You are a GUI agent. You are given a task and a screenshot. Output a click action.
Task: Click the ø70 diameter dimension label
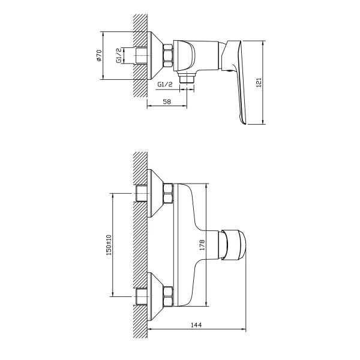click(99, 56)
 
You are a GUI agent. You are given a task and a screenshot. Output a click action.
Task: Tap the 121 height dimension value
click(259, 82)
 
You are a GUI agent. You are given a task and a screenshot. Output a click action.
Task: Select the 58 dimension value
click(167, 101)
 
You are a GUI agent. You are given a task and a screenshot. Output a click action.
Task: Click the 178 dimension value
click(202, 245)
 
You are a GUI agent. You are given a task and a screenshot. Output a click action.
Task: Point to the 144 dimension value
click(196, 325)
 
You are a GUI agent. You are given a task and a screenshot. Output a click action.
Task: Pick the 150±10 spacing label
click(109, 245)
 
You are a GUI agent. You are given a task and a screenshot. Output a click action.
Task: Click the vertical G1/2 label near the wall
click(119, 56)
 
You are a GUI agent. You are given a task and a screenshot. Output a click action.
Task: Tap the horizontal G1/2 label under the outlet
click(165, 84)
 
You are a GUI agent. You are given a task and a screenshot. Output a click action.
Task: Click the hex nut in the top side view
click(168, 56)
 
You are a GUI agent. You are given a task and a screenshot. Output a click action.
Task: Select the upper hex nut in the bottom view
click(168, 193)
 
